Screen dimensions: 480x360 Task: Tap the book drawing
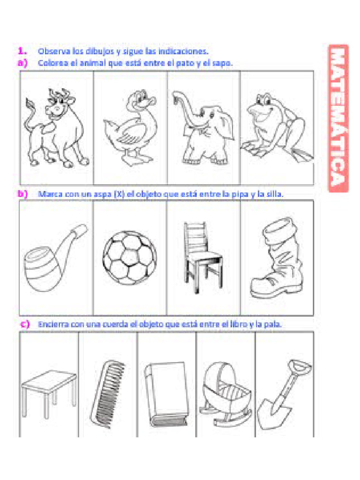165,394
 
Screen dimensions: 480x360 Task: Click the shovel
283,392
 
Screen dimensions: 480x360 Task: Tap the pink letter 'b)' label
22,193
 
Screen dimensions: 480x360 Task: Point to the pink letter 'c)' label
25,324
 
